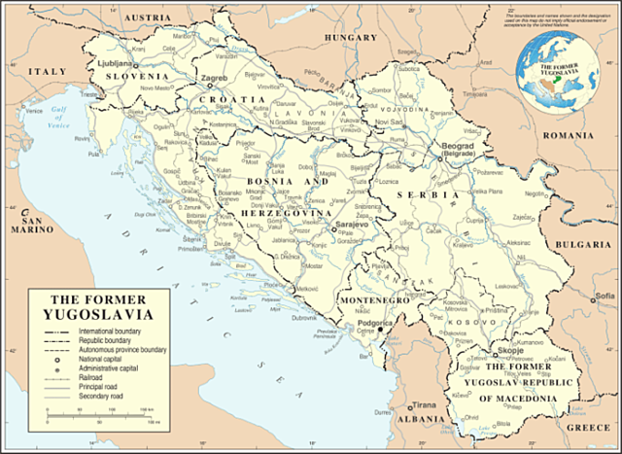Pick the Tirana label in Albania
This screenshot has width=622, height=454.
coord(424,403)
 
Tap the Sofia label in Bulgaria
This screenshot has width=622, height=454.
coord(605,296)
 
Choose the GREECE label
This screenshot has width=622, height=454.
coord(587,427)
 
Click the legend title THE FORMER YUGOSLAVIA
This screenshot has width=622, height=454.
coord(101,307)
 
